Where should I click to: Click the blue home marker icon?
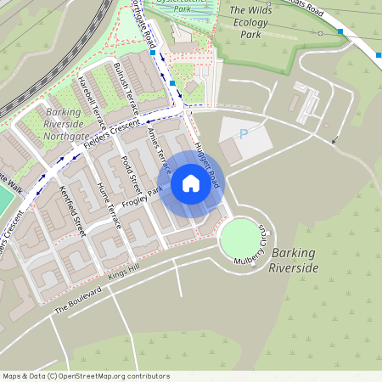[x=191, y=183]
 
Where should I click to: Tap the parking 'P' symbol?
[x=244, y=134]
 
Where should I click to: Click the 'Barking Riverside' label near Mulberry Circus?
[x=293, y=260]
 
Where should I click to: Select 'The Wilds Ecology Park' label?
[x=256, y=23]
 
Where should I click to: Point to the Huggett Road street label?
[x=208, y=163]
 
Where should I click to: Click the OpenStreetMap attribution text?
[x=86, y=376]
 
